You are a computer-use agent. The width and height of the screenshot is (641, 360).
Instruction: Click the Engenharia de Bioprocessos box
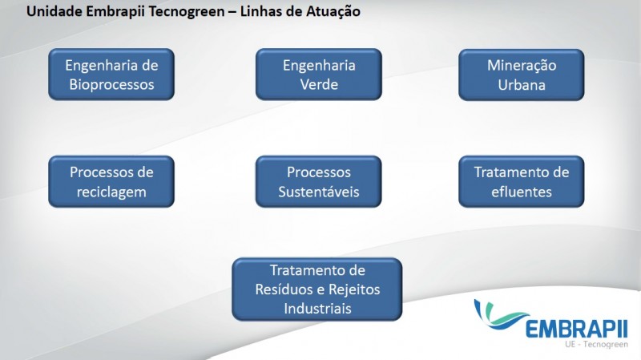[111, 75]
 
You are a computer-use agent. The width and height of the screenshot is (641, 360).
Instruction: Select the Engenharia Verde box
[318, 75]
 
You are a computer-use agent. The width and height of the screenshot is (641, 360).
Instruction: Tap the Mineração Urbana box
[522, 75]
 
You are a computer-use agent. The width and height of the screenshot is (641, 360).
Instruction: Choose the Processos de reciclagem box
[111, 182]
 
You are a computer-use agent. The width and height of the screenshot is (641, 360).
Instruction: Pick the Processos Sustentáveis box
[318, 182]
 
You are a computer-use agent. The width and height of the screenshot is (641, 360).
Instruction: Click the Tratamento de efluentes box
[522, 182]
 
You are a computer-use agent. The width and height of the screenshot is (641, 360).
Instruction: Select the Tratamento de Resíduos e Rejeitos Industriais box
[317, 289]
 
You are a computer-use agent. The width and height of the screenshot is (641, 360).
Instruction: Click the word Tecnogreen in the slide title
[187, 11]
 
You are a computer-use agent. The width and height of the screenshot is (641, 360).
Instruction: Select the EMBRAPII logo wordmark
[576, 329]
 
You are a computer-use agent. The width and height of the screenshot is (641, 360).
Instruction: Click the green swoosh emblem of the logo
[499, 315]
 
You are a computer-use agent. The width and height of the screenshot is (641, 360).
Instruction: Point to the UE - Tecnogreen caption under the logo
[596, 344]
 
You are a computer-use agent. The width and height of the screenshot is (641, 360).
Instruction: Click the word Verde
[319, 85]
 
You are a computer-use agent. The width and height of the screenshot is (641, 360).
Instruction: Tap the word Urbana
[522, 85]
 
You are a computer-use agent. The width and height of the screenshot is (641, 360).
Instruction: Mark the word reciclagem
[111, 192]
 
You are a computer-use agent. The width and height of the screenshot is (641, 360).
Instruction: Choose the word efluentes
[522, 192]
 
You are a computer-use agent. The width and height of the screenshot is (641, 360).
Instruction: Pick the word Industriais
[317, 309]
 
